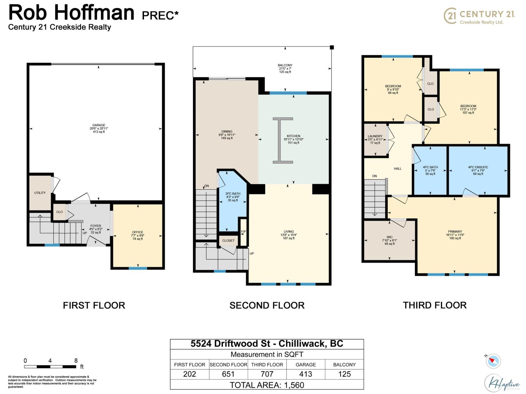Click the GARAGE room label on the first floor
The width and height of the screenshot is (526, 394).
click(99, 125)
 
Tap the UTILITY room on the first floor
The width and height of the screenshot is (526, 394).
click(40, 193)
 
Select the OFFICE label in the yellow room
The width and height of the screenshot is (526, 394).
click(137, 232)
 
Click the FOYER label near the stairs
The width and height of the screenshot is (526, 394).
click(96, 226)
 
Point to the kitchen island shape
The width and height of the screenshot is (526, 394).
click(283, 140)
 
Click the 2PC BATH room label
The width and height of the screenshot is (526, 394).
click(233, 194)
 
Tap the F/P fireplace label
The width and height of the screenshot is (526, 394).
click(243, 231)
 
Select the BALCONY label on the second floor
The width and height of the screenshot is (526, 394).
click(285, 65)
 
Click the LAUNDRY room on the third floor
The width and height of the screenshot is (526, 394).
click(375, 136)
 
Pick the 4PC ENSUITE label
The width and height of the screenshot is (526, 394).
click(478, 167)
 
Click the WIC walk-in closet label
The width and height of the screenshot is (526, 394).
click(390, 237)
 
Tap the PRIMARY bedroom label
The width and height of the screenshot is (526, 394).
click(455, 231)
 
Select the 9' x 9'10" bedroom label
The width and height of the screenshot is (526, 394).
click(393, 86)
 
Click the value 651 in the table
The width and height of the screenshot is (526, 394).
click(228, 374)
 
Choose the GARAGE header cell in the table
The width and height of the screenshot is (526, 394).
click(305, 364)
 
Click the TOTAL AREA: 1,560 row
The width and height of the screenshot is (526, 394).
click(267, 385)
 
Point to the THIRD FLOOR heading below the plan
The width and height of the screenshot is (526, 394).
click(435, 305)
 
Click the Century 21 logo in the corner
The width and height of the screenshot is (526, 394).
click(479, 16)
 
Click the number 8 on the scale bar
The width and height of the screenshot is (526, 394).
click(76, 361)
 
